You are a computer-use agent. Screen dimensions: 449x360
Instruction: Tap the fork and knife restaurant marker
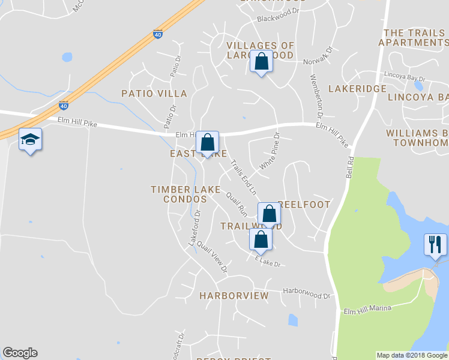(436, 245)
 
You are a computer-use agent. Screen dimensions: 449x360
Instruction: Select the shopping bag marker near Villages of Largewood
(261, 62)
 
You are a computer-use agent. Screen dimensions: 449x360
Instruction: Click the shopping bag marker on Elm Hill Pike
(208, 143)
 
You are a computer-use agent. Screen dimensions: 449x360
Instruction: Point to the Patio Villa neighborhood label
(154, 94)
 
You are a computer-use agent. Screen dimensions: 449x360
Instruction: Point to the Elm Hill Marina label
(367, 310)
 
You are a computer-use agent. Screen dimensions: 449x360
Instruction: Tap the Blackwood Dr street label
(277, 19)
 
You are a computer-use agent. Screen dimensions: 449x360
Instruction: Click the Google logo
(20, 353)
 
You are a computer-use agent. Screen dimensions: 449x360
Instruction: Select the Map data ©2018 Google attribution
(412, 355)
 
